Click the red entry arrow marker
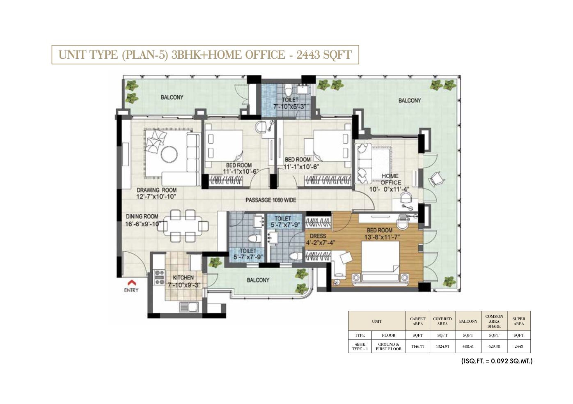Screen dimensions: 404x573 pos(131,283)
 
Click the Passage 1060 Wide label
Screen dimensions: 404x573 pos(270,200)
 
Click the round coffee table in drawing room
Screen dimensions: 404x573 pos(169,154)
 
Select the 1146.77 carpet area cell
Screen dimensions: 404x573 pos(417,347)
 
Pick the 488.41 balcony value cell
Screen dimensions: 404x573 pos(468,347)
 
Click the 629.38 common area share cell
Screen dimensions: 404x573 pos(494,347)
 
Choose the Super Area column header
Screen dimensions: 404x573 pos(518,321)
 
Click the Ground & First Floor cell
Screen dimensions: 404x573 pos(388,347)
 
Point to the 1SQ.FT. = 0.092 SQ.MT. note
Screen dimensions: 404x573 pos(497,361)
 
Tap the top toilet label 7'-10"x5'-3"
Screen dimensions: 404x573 pos(290,103)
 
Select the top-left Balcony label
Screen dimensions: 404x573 pos(172,97)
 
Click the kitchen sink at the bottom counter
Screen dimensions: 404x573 pos(188,306)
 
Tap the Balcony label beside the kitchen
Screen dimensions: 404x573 pos(258,280)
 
